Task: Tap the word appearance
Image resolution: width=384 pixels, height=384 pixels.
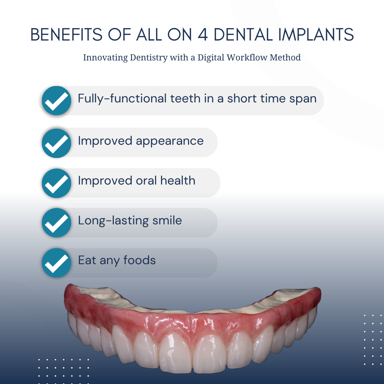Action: [x=170, y=141]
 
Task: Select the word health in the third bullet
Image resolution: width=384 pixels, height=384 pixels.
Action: [x=178, y=181]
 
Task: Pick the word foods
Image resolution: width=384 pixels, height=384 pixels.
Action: [x=139, y=260]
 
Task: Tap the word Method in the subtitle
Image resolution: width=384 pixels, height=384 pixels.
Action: [x=286, y=57]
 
